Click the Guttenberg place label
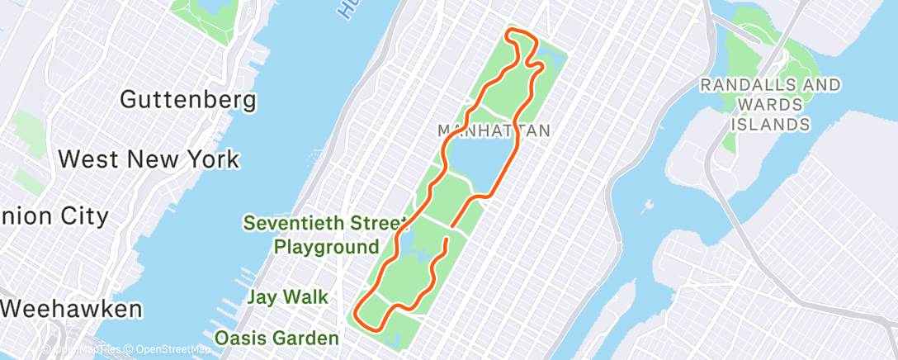coord(187,100)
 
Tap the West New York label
coord(150,159)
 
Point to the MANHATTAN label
coord(494,130)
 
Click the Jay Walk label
coord(287,297)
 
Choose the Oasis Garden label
coord(276,338)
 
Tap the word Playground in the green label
coord(327,246)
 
